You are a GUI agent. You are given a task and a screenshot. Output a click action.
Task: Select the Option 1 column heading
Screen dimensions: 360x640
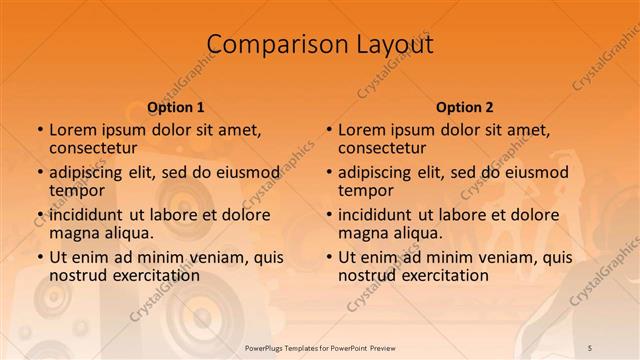pyautogui.click(x=176, y=107)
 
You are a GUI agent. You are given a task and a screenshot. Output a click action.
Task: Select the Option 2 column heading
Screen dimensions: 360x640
pyautogui.click(x=465, y=107)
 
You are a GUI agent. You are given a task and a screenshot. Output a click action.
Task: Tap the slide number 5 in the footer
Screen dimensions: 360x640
pyautogui.click(x=591, y=347)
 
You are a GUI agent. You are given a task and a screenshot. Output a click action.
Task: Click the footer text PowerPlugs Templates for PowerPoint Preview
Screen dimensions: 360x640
pyautogui.click(x=319, y=347)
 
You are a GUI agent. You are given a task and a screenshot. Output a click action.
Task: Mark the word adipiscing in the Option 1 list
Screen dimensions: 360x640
pyautogui.click(x=86, y=172)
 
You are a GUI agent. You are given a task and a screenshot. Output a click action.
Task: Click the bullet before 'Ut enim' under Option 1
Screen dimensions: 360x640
pyautogui.click(x=39, y=257)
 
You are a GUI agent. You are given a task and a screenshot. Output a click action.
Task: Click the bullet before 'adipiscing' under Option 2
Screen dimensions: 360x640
pyautogui.click(x=328, y=172)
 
